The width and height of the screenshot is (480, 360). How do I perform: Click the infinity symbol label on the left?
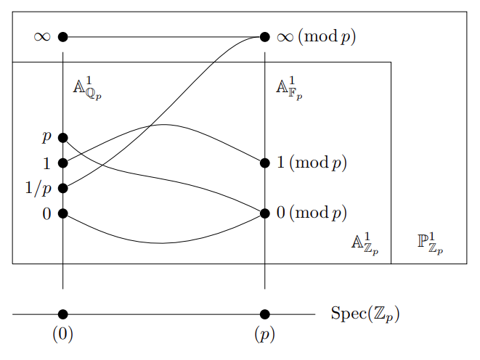pos(42,36)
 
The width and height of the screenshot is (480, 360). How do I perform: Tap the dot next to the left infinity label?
pos(63,36)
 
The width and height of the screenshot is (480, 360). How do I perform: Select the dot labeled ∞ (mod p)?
pos(264,36)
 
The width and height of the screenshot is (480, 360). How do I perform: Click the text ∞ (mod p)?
pos(317,36)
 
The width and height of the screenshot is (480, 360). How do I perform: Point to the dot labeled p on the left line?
pos(63,137)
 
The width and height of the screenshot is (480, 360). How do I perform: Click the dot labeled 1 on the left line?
pos(63,163)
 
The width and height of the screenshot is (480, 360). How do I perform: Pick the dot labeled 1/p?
pos(63,188)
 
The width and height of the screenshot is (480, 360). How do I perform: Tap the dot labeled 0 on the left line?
pos(63,213)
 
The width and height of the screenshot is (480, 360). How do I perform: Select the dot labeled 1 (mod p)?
pos(264,163)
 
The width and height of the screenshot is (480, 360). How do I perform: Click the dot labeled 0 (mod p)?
pos(264,213)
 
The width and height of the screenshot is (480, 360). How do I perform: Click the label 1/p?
pos(38,189)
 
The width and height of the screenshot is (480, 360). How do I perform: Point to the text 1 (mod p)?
pos(312,163)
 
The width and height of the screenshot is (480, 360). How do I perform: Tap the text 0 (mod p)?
pos(312,213)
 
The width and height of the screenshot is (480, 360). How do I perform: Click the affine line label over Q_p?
pos(86,88)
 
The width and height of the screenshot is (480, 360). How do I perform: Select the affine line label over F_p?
pos(288,88)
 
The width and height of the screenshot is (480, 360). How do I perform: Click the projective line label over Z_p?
pos(430,243)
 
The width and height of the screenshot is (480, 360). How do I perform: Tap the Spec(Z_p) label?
pos(365,314)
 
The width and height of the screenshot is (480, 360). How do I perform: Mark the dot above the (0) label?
pos(63,314)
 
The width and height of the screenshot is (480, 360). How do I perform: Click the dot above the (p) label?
pos(264,314)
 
